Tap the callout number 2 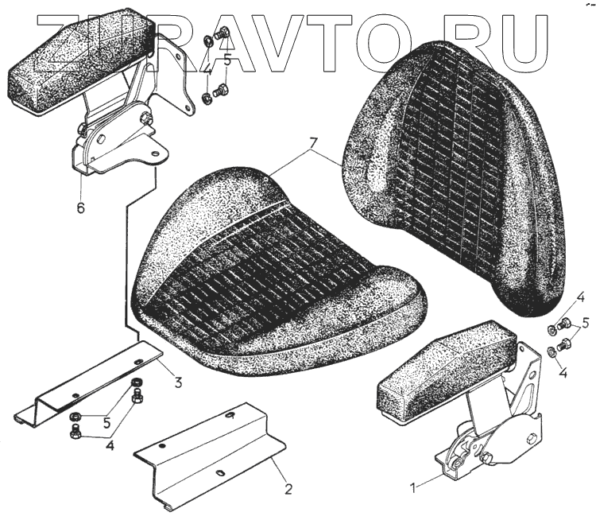tap(288, 489)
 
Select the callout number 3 tap(178, 382)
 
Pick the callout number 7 tap(313, 143)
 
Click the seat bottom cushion tap(270, 278)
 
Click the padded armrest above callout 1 tap(445, 366)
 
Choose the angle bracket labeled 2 tap(211, 457)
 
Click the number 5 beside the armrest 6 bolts tap(227, 60)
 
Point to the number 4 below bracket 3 tap(110, 446)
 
